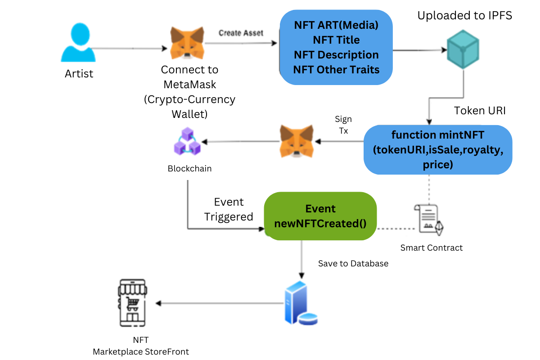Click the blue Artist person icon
point(78,43)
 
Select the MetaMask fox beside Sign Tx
point(297,141)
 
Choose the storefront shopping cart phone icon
point(132,303)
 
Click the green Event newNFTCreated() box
point(320,216)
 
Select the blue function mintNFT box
point(437,149)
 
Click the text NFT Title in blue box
point(336,40)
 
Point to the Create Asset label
point(241,33)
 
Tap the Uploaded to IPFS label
point(464,16)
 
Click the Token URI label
point(480,111)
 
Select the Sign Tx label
point(343,125)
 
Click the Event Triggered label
point(229,209)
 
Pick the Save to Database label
point(353,264)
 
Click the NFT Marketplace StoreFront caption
point(141,346)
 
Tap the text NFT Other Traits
point(336,70)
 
